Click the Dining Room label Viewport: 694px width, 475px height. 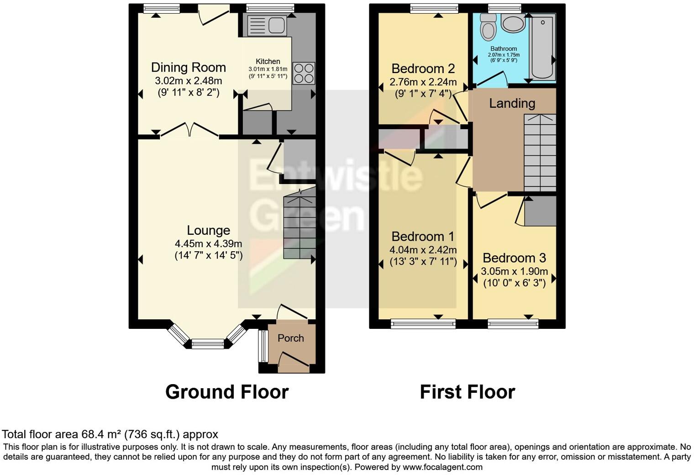click(188, 68)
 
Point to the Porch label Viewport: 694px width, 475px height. click(291, 338)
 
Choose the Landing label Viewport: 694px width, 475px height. click(512, 103)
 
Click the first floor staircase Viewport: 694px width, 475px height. click(540, 153)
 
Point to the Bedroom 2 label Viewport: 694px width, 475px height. click(423, 69)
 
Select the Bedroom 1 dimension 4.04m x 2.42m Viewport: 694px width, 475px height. click(423, 250)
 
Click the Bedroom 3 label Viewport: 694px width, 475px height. click(514, 258)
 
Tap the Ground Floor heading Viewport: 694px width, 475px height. click(226, 392)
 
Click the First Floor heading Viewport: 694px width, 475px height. click(467, 392)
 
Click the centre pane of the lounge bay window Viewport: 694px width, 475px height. click(208, 344)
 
